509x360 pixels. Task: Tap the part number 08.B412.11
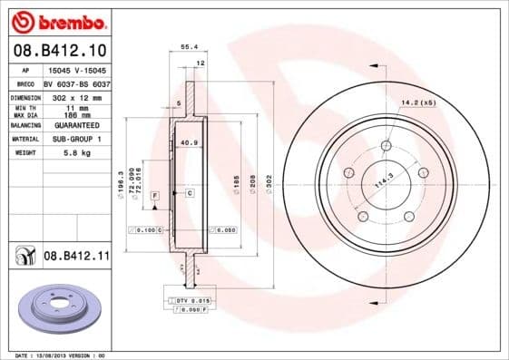coord(76,258)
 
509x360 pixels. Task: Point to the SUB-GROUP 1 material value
coord(76,139)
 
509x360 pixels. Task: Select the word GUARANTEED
coord(76,126)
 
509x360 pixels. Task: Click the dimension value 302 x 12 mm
coord(76,96)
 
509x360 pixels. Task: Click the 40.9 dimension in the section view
coord(189,142)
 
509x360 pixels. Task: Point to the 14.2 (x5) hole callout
coord(418,103)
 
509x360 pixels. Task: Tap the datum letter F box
coord(155,195)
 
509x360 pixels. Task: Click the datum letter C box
coord(190,193)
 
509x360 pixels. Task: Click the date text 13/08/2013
coord(57,355)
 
